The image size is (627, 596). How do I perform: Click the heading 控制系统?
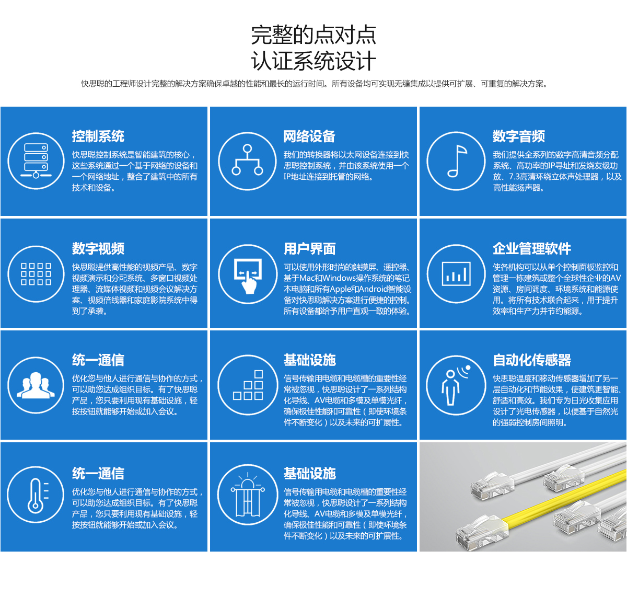pos(98,136)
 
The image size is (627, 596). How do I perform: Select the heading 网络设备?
pos(309,136)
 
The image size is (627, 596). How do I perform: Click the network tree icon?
pos(247,161)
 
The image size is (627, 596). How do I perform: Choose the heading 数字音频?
pos(519,136)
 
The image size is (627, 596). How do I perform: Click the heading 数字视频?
pos(98,249)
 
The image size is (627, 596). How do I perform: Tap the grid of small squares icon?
pos(36,274)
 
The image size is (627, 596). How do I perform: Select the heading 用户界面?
pos(309,249)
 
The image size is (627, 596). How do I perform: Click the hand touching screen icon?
pos(247,274)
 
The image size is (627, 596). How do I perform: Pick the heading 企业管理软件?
pos(532,249)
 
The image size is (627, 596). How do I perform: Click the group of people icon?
pos(36,385)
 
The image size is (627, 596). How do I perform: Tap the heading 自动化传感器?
pos(532,360)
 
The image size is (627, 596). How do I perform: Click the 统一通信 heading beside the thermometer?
pos(98,474)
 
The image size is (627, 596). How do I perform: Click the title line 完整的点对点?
pos(313,35)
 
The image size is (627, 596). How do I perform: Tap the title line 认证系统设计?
pos(313,61)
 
